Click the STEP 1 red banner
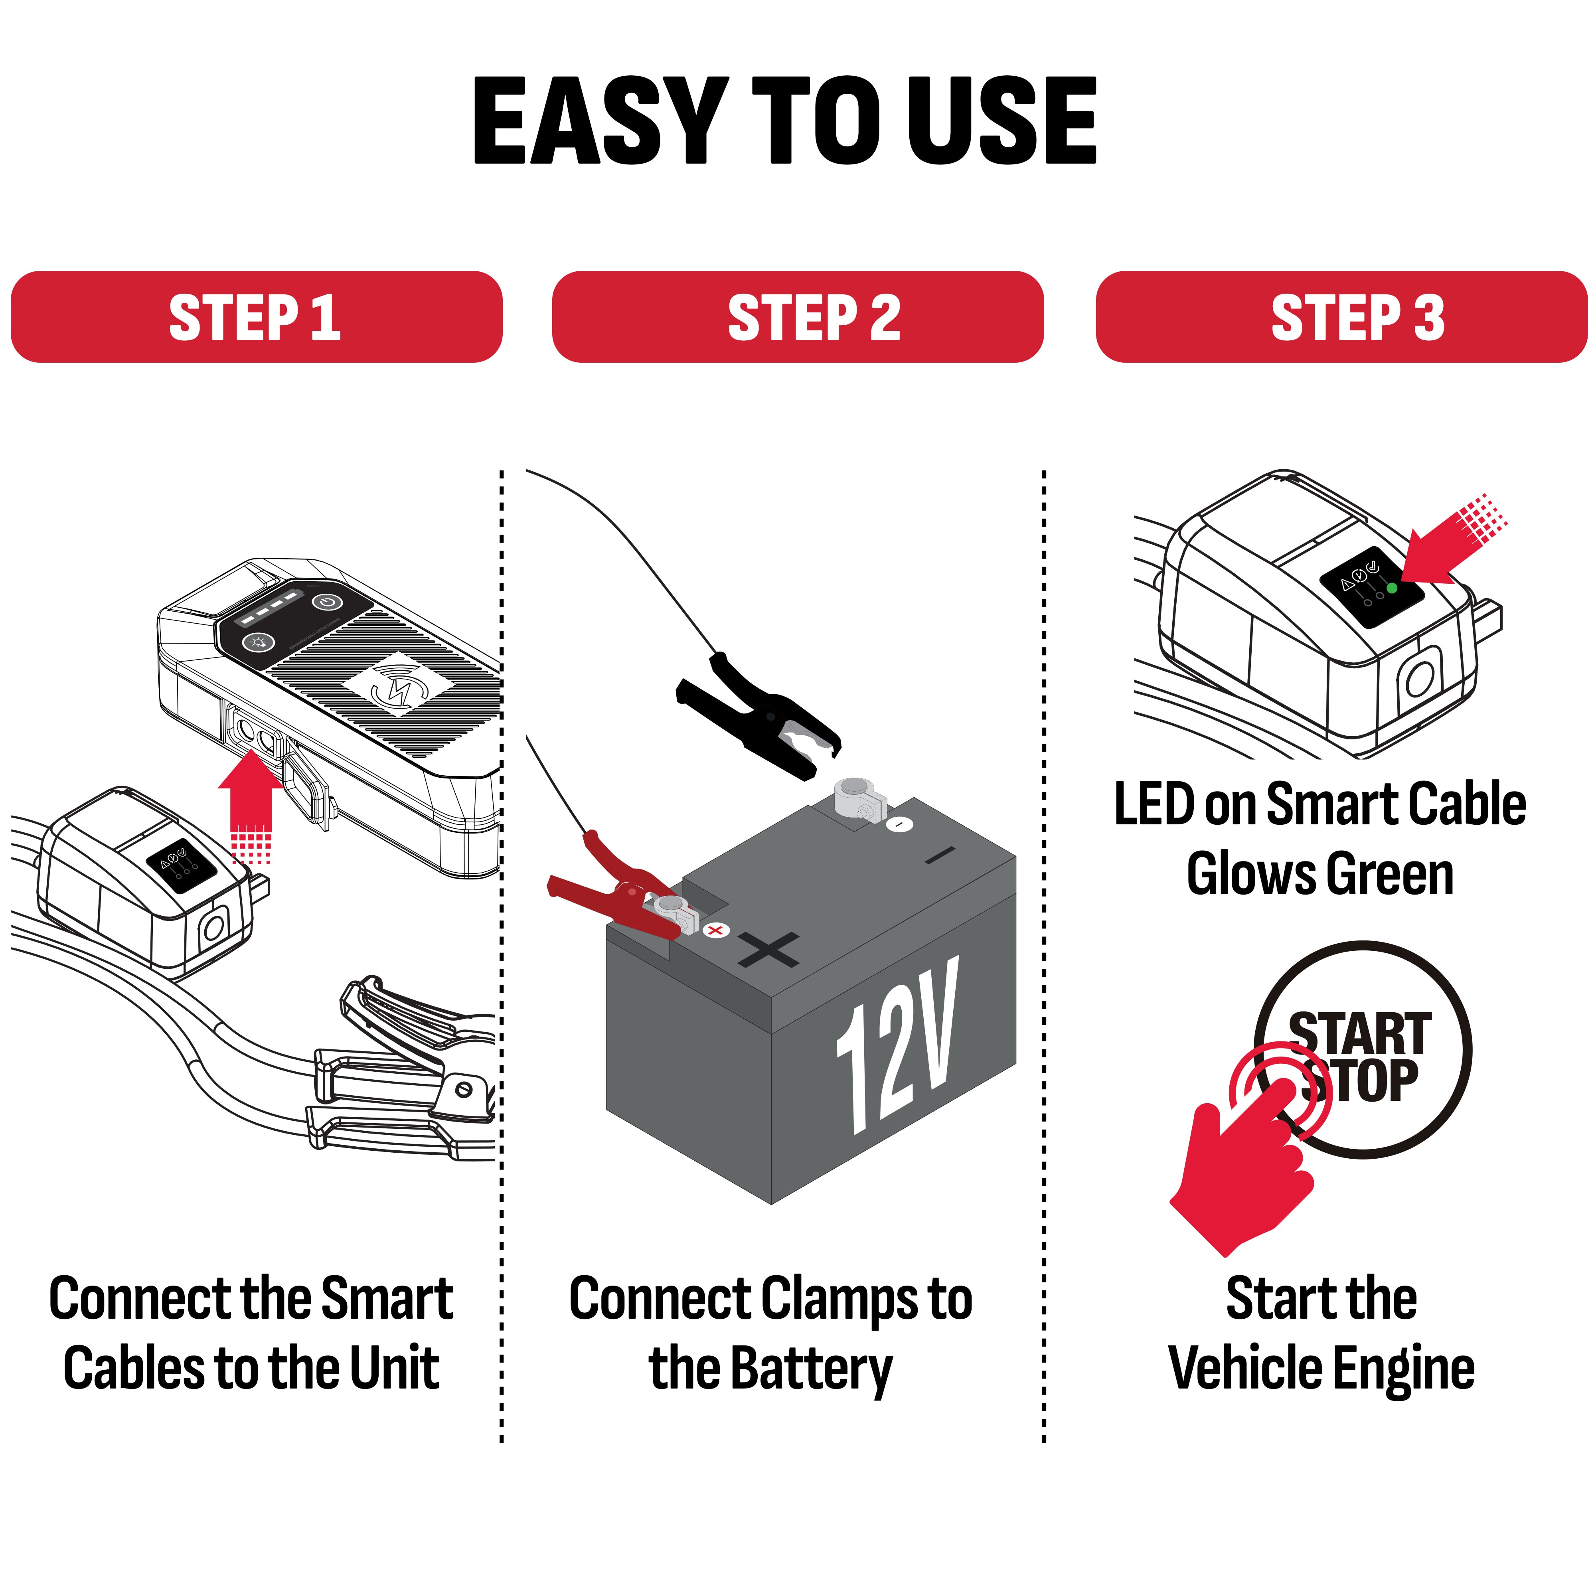(256, 316)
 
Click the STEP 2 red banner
(798, 316)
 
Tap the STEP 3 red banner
(1341, 316)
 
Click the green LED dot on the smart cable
(1392, 588)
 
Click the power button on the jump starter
(328, 601)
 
